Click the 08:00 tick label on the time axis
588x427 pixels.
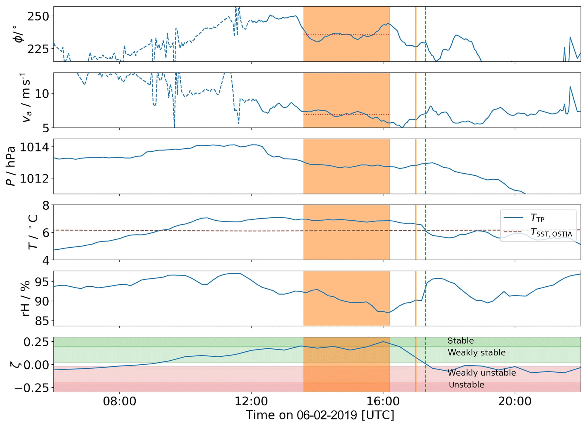tap(119, 402)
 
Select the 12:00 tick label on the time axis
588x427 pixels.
tap(251, 402)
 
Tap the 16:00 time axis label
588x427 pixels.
tap(383, 402)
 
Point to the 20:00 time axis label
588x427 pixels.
tap(515, 402)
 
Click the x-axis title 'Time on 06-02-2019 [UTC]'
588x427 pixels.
tap(320, 415)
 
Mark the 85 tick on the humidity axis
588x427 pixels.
tap(42, 321)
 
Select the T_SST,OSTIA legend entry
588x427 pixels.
tap(551, 233)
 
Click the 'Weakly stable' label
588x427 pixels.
tap(476, 353)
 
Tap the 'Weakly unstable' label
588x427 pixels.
tap(482, 373)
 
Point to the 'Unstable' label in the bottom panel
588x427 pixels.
tap(467, 385)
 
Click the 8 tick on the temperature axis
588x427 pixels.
tap(46, 206)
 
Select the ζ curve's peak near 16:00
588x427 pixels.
tap(383, 342)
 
